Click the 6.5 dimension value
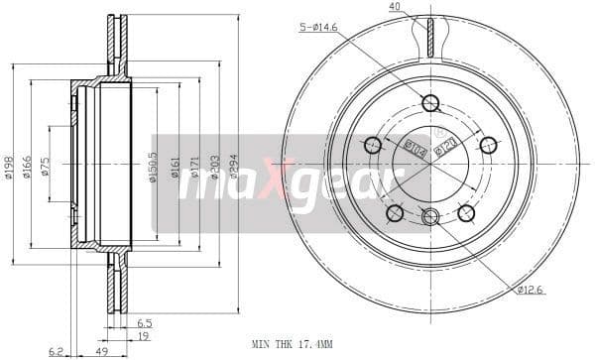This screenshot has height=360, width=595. coord(145,322)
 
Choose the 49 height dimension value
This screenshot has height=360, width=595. coord(102,351)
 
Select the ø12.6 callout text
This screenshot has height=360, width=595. coord(530,289)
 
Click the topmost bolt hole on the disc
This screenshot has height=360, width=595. coord(430,103)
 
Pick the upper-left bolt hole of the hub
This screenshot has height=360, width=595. coord(373,145)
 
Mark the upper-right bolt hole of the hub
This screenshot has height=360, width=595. coord(488,145)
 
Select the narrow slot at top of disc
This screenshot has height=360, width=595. coord(430,38)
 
